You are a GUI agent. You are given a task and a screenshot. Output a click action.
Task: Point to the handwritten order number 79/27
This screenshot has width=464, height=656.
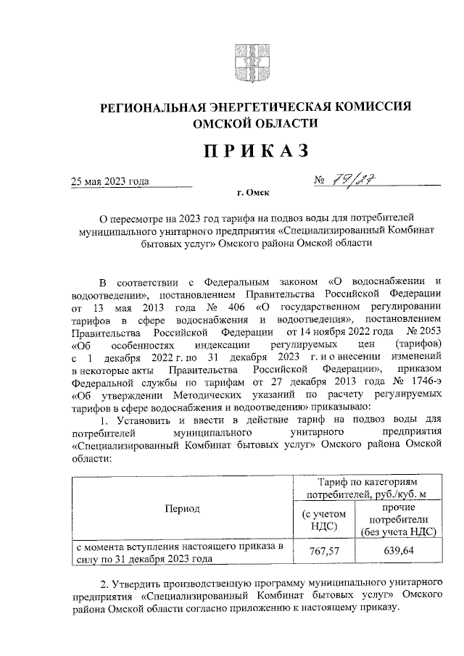tap(360, 180)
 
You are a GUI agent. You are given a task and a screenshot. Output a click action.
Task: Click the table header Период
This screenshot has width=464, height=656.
tap(181, 508)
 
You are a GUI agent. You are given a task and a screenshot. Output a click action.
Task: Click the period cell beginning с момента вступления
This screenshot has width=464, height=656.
tap(181, 552)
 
